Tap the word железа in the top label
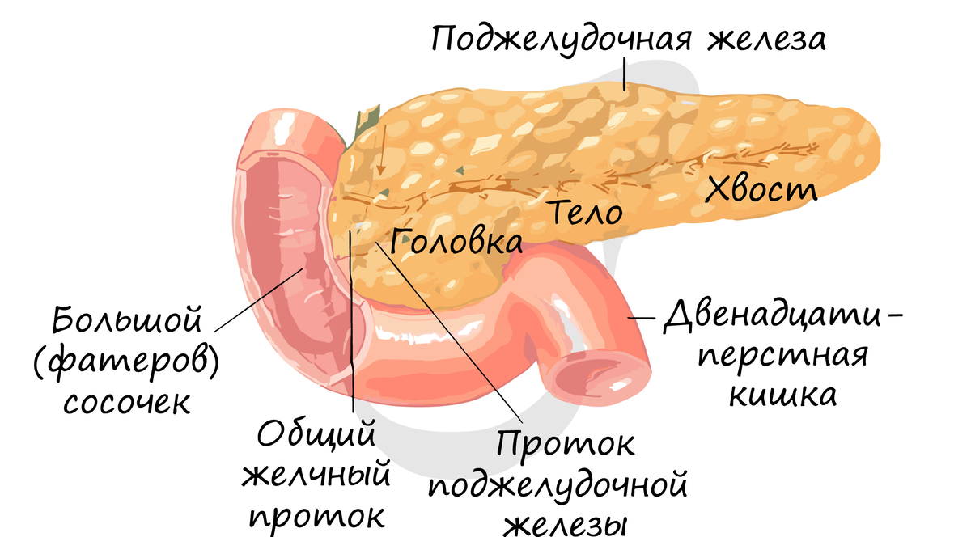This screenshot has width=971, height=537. coord(767,38)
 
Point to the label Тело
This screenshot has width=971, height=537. coord(587,214)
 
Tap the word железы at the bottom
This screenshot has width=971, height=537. coord(565,524)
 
